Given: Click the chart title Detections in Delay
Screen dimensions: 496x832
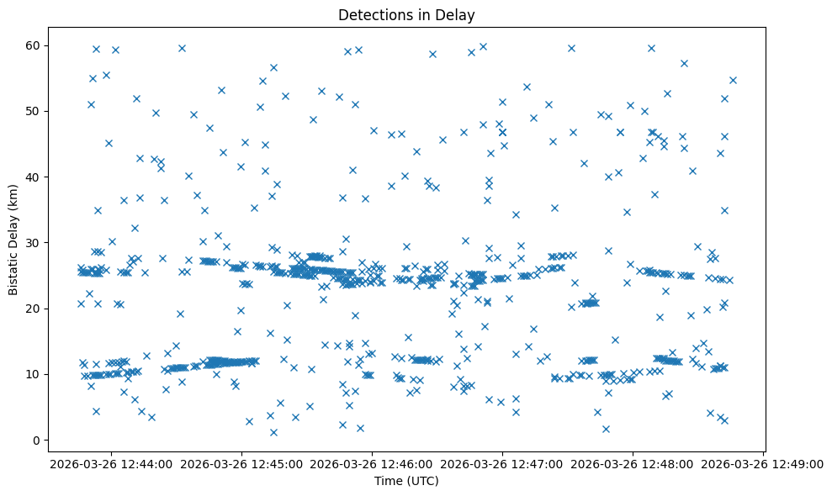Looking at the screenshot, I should point(405,14).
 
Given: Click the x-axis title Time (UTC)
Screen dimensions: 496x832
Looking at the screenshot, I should point(406,481).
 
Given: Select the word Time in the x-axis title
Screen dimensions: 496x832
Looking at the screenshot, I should point(389,481).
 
